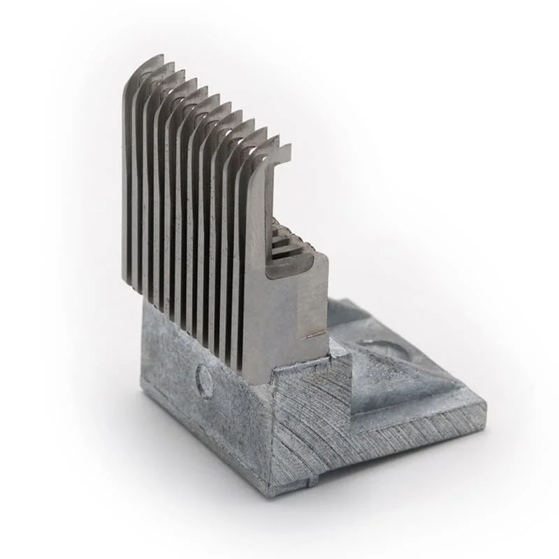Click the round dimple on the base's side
pyautogui.click(x=204, y=382)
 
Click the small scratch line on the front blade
pyautogui.click(x=314, y=335)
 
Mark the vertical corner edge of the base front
pyautogui.click(x=270, y=433)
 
